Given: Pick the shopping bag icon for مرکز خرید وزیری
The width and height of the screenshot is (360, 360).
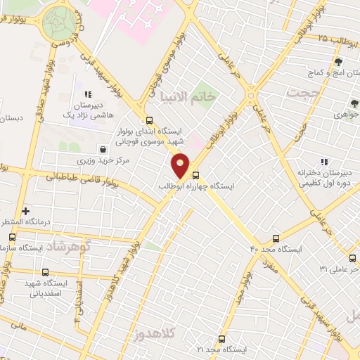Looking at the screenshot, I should coord(103,149).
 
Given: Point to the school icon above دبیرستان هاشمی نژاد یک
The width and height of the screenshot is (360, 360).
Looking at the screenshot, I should coord(88,94).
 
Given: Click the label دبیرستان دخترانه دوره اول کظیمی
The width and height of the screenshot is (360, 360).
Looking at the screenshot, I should coord(304,177).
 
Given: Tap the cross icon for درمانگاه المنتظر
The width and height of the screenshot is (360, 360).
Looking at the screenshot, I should coord(26,210).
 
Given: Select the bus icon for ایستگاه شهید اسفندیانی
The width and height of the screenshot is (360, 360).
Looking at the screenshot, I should coord(46,272).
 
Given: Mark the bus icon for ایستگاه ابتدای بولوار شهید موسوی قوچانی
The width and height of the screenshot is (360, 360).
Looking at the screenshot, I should coord(149,120).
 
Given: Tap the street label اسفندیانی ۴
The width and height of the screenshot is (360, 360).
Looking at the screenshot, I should coord(79,299).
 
